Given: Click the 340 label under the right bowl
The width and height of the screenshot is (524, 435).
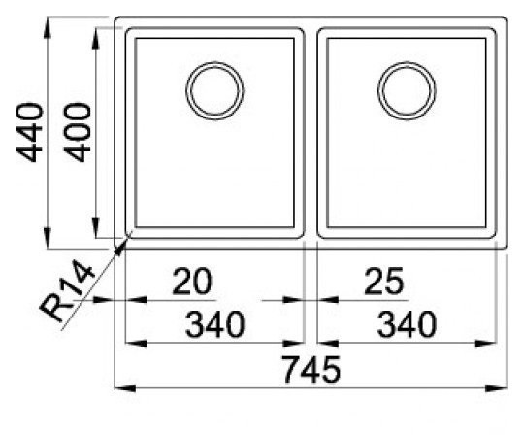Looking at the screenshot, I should point(408,325).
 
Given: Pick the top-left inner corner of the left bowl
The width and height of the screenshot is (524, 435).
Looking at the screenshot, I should point(135,41).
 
